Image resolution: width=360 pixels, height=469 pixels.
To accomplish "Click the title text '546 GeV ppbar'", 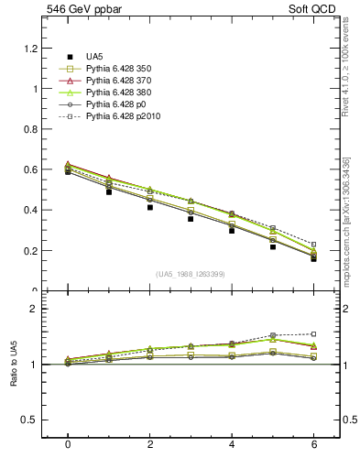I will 81,8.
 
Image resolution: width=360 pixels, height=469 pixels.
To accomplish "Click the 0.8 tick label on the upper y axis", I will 33,129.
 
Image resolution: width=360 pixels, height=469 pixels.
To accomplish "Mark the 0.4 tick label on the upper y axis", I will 33,210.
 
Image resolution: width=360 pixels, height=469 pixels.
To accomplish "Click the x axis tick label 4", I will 232,443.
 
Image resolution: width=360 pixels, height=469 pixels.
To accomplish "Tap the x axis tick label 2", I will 150,443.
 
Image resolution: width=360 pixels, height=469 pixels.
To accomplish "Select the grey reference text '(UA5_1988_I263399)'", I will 191,274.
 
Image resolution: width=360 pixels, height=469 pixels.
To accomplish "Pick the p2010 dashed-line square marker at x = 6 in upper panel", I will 313,245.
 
